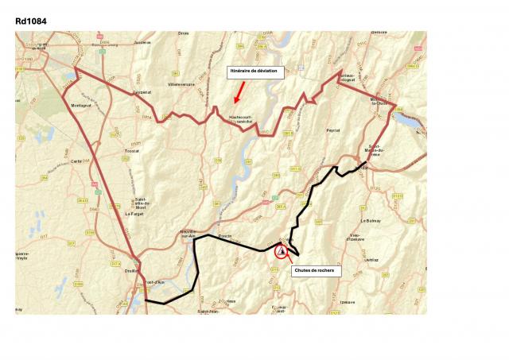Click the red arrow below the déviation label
tap(238, 94)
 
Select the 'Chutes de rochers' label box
tap(313, 270)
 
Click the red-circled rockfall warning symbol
tap(282, 251)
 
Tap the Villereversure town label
tap(181, 83)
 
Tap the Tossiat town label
tap(132, 149)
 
